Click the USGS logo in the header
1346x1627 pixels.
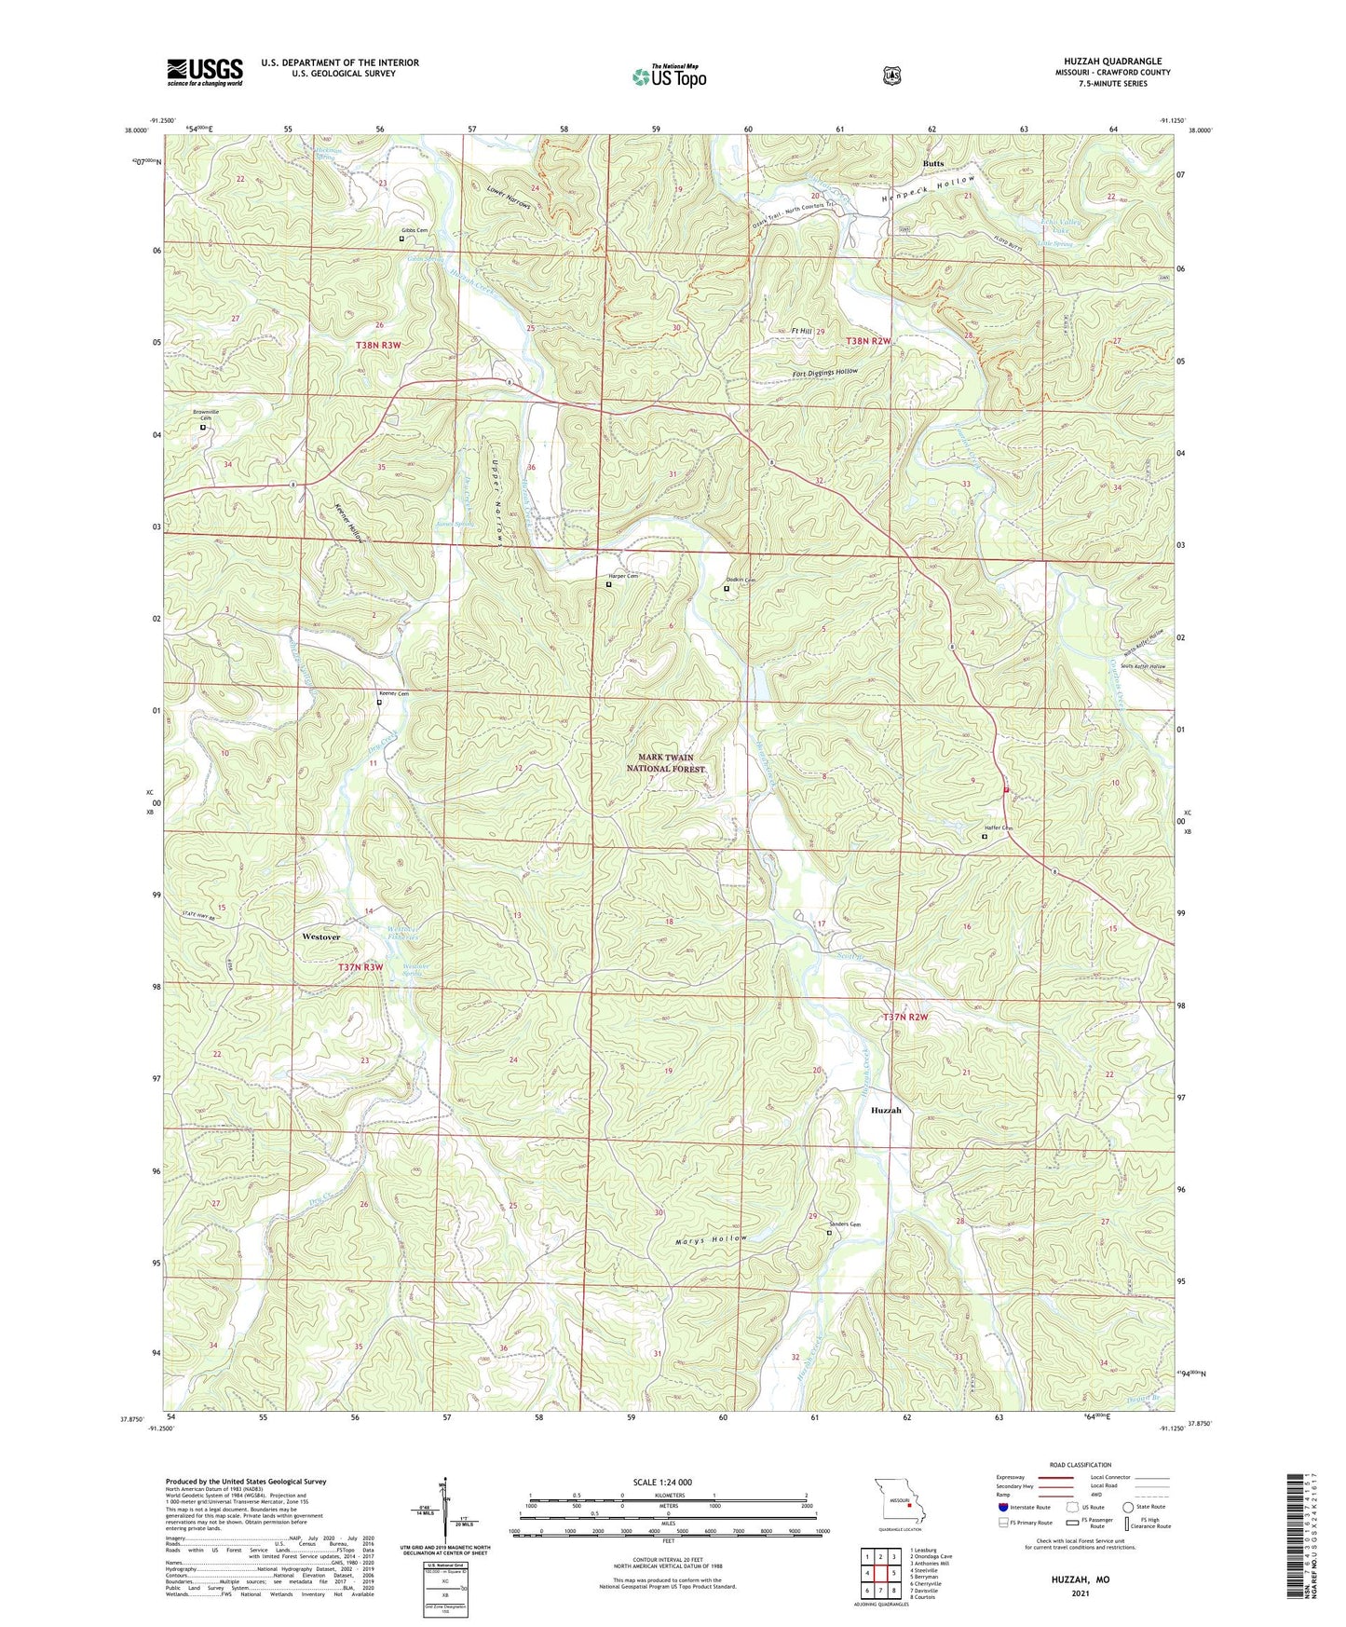(205, 72)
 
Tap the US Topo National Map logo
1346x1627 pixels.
(669, 75)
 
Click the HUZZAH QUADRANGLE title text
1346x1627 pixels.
(1112, 62)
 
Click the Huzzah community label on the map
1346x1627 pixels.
(886, 1111)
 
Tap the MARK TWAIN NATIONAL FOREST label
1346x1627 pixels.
(666, 763)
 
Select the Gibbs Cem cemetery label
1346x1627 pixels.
(415, 230)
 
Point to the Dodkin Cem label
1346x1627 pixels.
(740, 580)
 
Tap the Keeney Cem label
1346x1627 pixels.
(393, 693)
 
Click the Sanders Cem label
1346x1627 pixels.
(842, 1224)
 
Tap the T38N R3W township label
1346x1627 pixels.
(378, 345)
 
